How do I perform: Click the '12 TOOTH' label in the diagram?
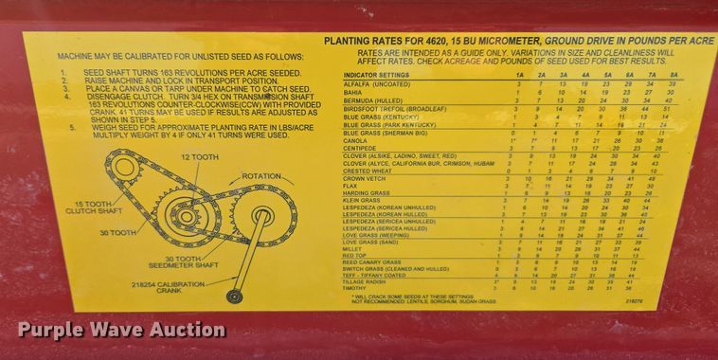(199, 156)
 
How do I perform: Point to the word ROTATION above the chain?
(261, 175)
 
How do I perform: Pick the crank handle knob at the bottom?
(234, 297)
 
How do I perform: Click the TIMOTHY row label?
(356, 288)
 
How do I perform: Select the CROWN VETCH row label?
(365, 178)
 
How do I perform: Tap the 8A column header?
(673, 74)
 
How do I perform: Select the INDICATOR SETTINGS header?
(377, 74)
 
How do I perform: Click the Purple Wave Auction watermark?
(121, 331)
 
